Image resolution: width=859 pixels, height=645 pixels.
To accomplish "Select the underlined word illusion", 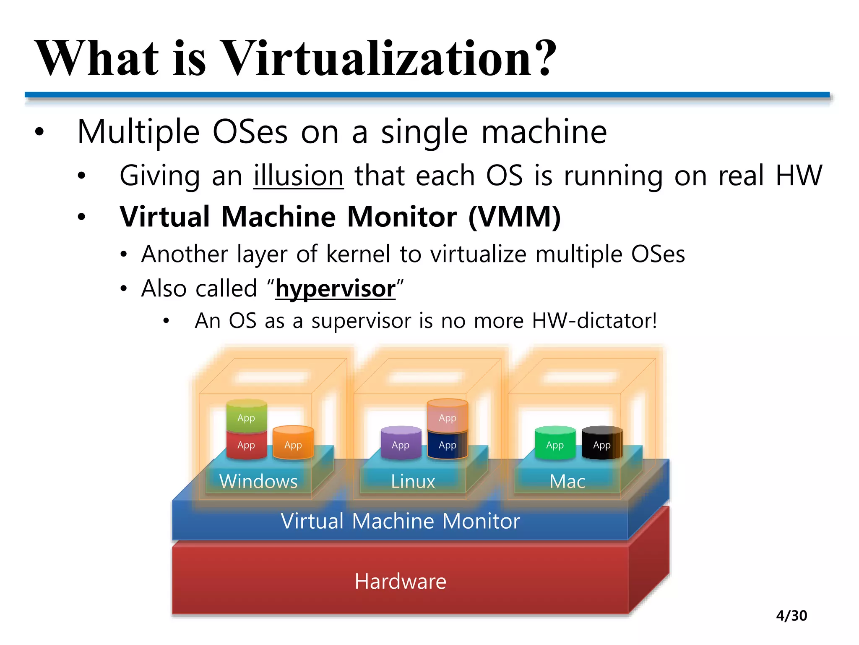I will coord(298,176).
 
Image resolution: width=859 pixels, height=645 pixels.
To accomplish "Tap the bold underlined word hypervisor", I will coord(335,289).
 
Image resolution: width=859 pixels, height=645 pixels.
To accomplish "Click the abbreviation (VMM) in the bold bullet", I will coord(514,217).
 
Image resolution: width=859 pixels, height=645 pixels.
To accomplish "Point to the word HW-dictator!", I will coord(594,321).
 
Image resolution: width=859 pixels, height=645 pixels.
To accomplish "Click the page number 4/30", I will coord(791,616).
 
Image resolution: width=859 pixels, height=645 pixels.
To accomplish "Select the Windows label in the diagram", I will coord(258,481).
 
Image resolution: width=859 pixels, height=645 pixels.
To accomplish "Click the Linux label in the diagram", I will coord(413,481).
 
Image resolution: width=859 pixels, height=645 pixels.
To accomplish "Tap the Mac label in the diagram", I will coord(567,481).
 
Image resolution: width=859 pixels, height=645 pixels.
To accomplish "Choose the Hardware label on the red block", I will coord(400,582).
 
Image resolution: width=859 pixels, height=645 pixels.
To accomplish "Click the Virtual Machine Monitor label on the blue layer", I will coord(400,521).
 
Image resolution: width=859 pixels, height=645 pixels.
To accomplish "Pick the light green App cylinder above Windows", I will coord(246,417).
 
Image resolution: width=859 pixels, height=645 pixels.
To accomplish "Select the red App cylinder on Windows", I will coord(246,445).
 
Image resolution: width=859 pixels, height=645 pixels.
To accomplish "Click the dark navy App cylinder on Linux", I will coord(447,445).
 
